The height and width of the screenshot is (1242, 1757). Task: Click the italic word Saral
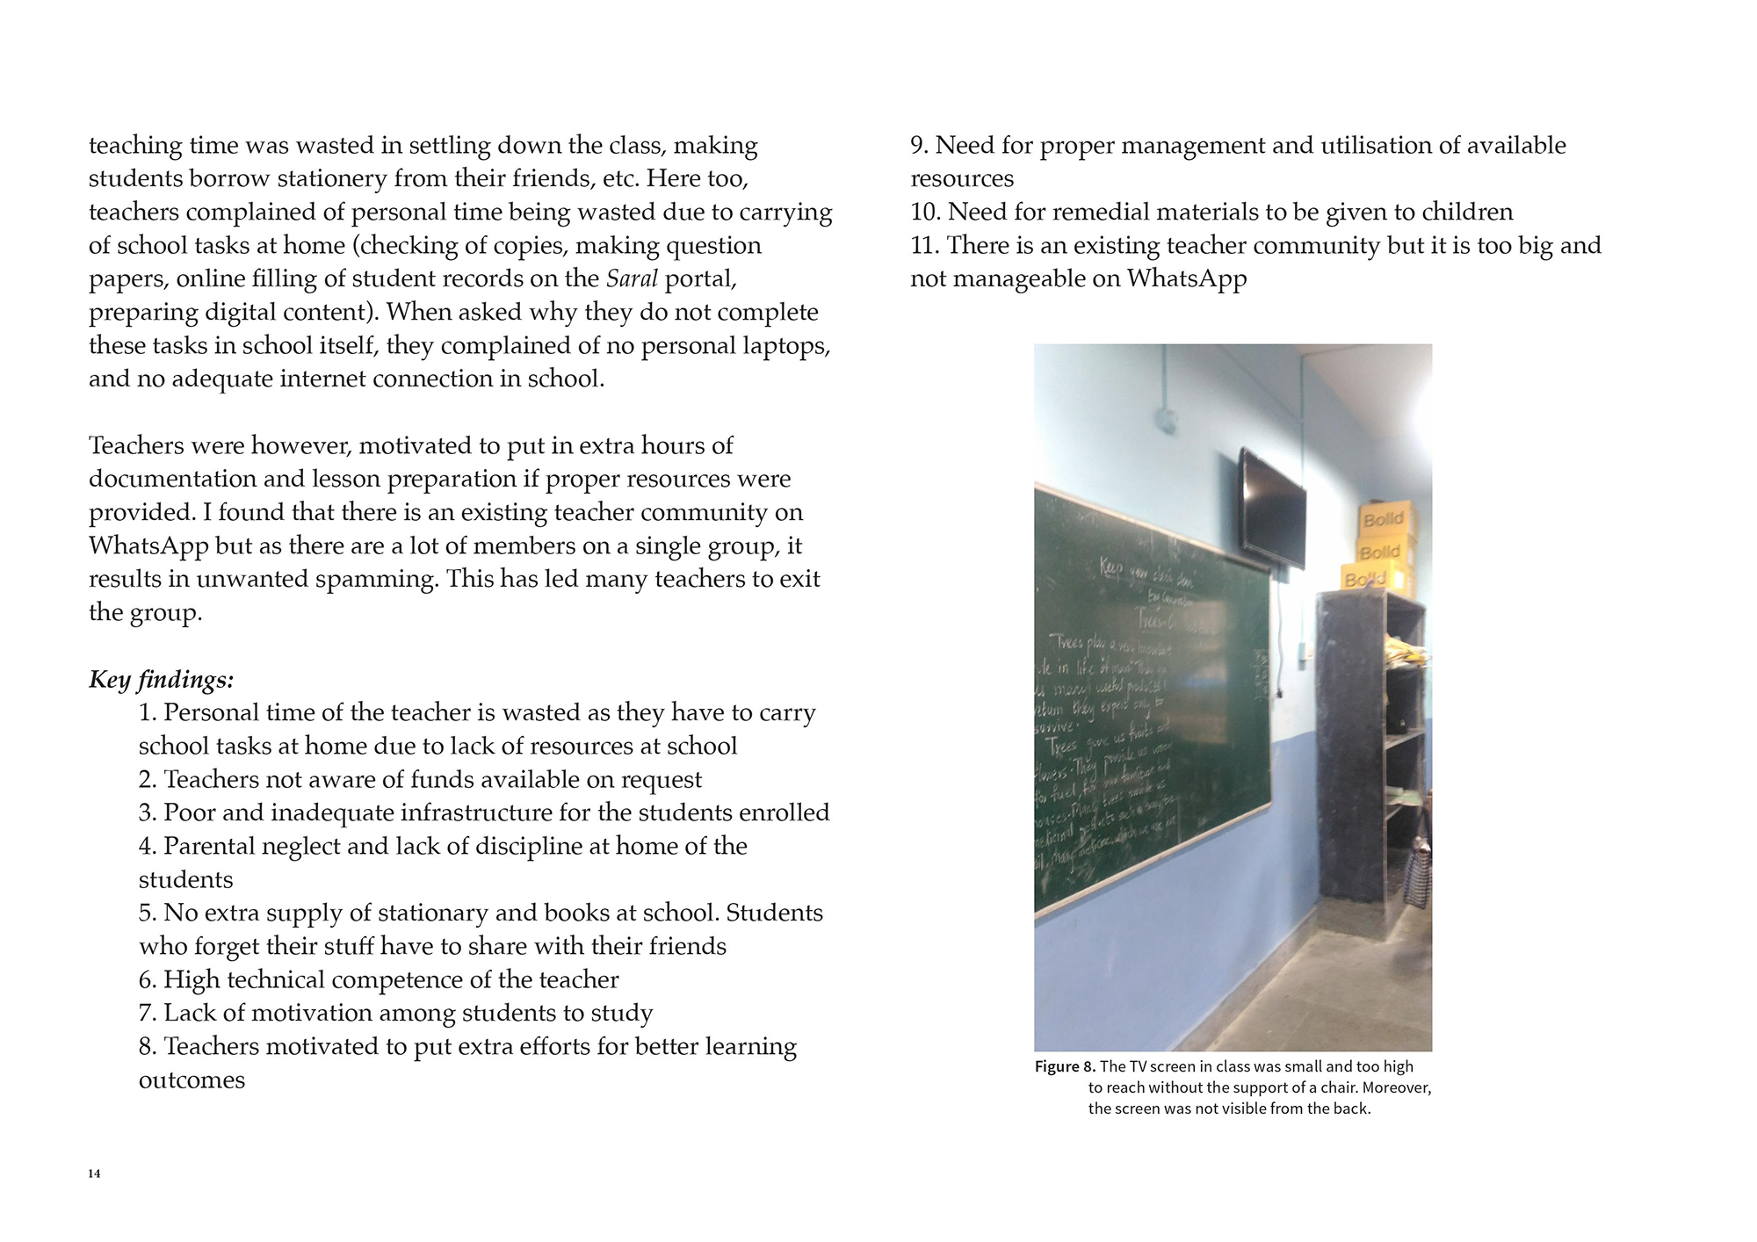point(632,278)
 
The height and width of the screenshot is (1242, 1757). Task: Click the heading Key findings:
point(162,680)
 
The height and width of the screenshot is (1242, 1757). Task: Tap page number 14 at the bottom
point(94,1174)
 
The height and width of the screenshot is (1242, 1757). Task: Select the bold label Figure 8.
point(1065,1066)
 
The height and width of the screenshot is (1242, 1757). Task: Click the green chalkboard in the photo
point(1151,703)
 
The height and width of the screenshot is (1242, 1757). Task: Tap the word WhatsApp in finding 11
point(1186,278)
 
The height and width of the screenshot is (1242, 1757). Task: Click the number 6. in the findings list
point(148,979)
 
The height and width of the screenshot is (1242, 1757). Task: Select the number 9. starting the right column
point(919,145)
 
